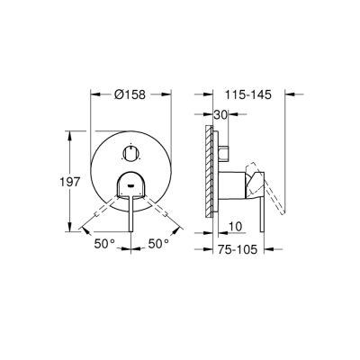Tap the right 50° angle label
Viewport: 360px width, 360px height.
point(160,244)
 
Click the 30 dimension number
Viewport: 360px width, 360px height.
point(220,114)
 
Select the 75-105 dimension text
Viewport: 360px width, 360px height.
point(240,254)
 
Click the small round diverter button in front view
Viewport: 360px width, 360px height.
point(132,155)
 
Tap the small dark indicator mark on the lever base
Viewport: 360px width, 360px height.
point(131,186)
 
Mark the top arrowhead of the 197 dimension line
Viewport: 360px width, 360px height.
point(69,133)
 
